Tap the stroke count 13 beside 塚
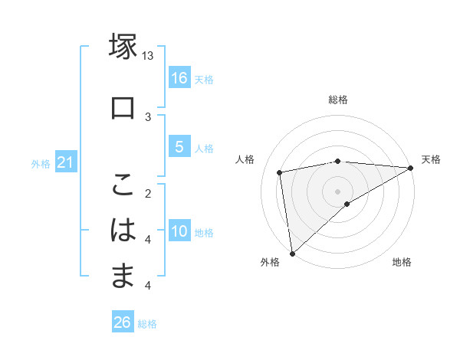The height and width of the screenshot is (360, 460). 148,56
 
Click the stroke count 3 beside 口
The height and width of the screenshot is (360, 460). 148,116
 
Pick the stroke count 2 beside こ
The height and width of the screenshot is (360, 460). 148,194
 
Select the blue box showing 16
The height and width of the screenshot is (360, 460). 179,78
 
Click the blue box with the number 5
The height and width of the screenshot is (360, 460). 179,147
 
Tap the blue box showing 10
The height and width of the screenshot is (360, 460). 179,231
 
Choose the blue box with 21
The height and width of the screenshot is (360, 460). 65,162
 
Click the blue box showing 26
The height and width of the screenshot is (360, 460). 123,322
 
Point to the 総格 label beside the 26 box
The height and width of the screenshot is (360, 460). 147,324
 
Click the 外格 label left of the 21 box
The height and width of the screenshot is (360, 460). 41,163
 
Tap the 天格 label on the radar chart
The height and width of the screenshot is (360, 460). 431,159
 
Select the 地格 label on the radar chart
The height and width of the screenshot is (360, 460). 402,263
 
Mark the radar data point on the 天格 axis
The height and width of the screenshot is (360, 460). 411,168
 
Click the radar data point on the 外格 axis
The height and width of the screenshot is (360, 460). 291,254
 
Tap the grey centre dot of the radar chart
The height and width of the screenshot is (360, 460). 337,191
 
